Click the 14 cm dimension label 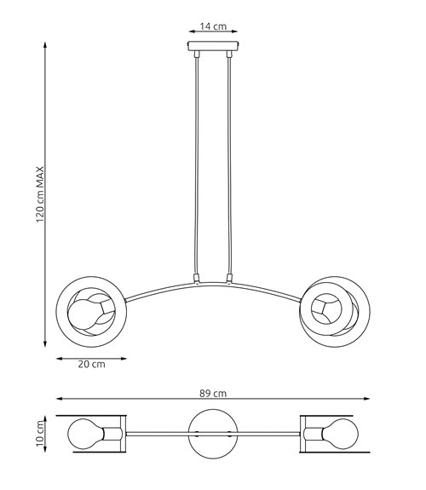[213, 26]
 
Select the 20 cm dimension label [91, 366]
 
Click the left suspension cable [197, 166]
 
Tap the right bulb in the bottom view [342, 433]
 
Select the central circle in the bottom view [212, 433]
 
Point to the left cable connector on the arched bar [197, 279]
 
